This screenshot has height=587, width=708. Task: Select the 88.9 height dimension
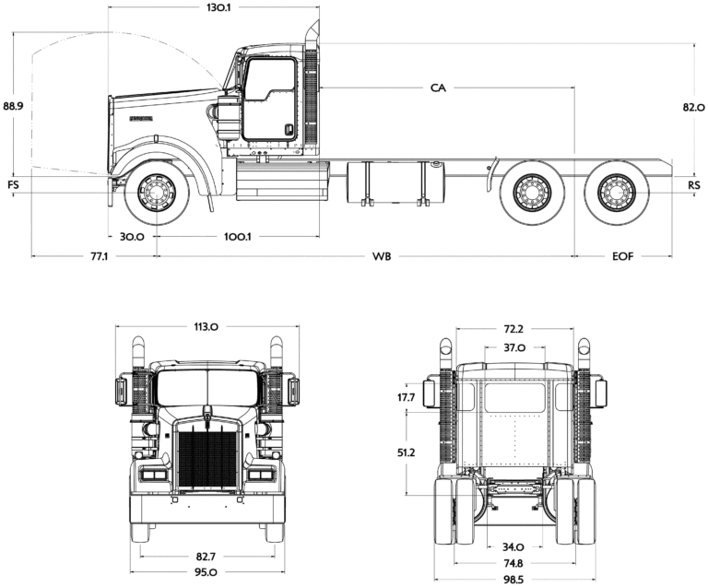pos(13,106)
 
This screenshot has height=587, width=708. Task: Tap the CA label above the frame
pos(438,88)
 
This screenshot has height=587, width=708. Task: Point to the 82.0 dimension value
pos(694,108)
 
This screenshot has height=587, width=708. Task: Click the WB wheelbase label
pos(382,256)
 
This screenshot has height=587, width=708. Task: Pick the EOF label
pos(622,256)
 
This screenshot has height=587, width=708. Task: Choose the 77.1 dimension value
pos(100,256)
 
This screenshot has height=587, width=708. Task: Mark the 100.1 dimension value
pos(238,237)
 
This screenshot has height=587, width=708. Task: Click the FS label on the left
pos(13,185)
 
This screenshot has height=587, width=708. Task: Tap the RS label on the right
pos(694,185)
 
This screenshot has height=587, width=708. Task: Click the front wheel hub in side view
pos(157,193)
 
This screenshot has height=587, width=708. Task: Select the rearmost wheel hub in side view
pos(617,193)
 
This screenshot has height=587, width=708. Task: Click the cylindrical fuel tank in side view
pos(395,182)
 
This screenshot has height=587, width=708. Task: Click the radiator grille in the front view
pos(207,459)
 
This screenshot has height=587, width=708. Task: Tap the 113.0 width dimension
pos(206,326)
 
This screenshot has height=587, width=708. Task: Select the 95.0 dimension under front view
pos(206,572)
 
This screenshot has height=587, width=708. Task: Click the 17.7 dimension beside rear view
pos(406,397)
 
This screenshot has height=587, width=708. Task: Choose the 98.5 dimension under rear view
pos(513,580)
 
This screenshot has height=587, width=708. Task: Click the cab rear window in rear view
pos(514,397)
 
